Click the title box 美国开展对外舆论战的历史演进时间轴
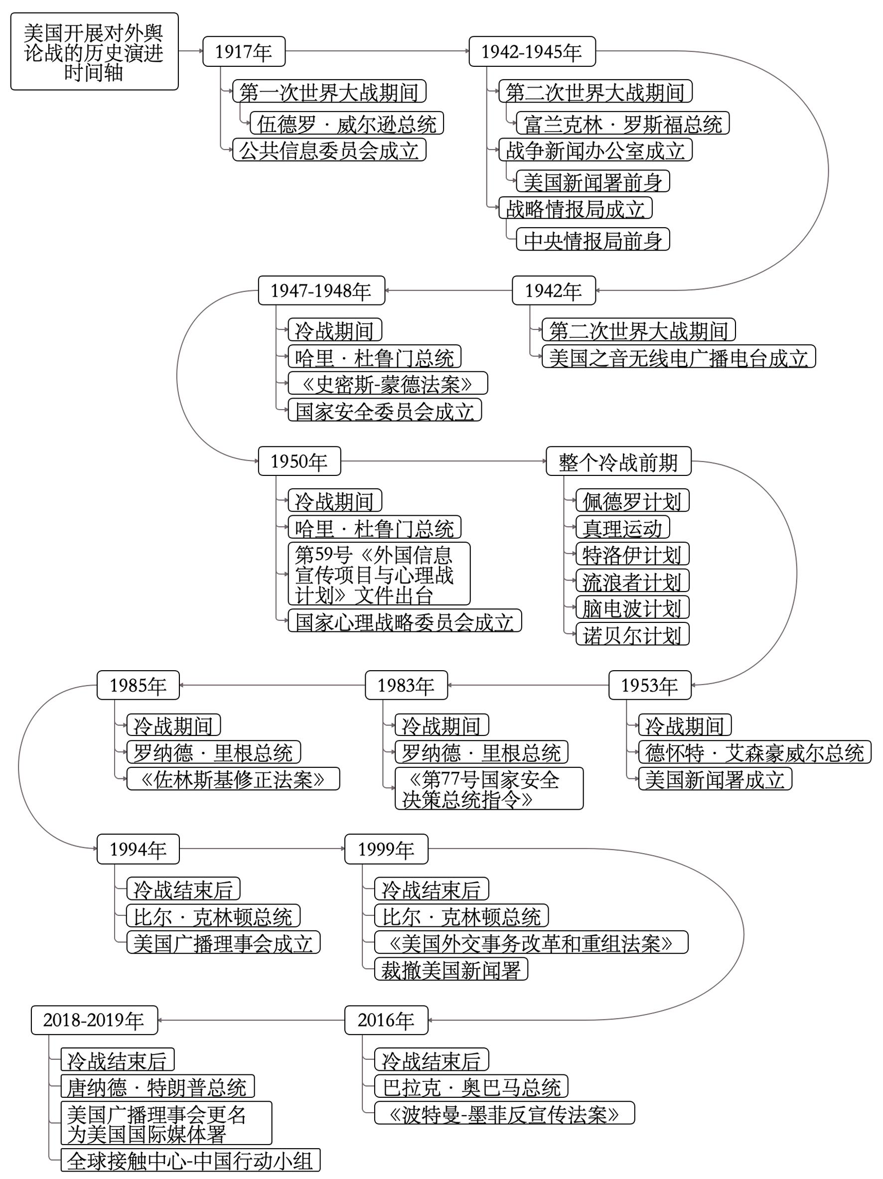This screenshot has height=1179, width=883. (94, 52)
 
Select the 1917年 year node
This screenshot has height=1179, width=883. (244, 52)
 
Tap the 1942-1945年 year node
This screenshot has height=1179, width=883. (531, 52)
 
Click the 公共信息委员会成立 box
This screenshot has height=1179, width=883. (329, 150)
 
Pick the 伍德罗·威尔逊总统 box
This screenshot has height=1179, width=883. (346, 124)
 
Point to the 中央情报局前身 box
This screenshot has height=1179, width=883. (592, 240)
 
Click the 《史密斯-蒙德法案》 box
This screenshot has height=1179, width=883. (387, 384)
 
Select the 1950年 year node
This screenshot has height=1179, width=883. (299, 461)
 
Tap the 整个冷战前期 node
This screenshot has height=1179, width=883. (618, 461)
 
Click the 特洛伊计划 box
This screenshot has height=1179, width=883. (632, 554)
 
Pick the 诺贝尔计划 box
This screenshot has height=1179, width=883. (632, 634)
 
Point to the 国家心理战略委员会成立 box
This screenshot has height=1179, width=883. (405, 621)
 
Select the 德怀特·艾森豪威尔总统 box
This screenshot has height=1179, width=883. (754, 752)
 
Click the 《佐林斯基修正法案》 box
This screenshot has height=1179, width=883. (233, 779)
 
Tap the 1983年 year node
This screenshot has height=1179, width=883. (406, 685)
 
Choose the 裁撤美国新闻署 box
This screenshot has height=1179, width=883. (451, 969)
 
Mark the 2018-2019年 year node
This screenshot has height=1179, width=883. (94, 1020)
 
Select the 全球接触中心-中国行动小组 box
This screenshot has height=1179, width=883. (190, 1161)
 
